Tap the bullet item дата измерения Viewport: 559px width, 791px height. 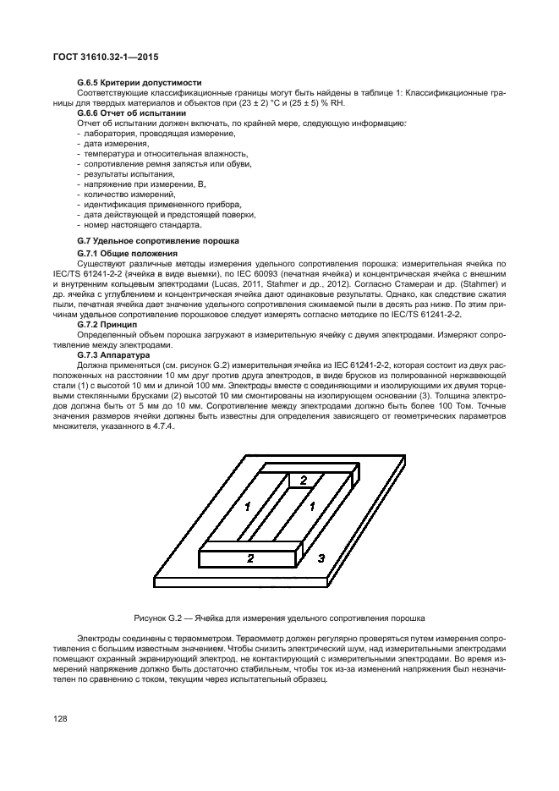click(108, 144)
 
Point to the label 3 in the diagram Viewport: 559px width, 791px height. click(321, 558)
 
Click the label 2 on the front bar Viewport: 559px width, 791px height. click(249, 558)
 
